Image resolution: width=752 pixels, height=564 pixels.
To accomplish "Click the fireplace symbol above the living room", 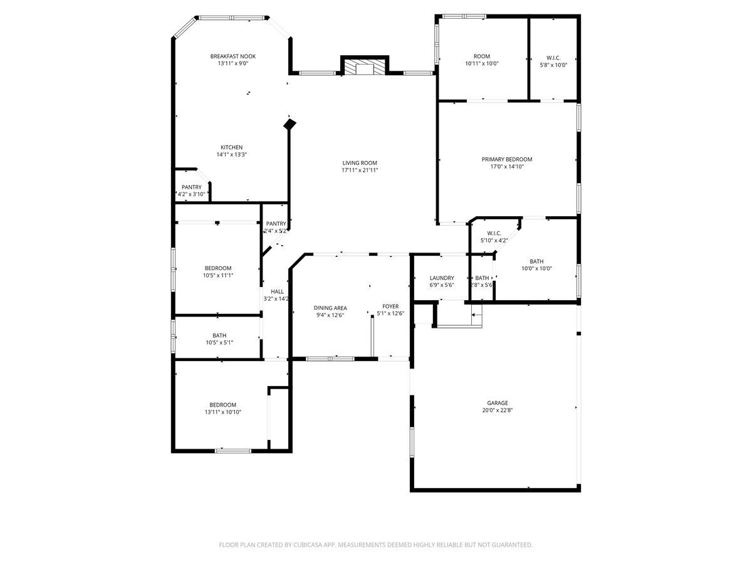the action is [365, 68].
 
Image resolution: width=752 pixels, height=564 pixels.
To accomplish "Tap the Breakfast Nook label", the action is [232, 56].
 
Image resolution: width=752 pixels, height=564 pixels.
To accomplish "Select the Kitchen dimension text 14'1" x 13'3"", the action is [231, 155].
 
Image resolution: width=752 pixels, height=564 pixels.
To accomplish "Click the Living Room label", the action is [360, 163].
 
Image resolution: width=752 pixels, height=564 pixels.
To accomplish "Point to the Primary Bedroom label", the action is [506, 159].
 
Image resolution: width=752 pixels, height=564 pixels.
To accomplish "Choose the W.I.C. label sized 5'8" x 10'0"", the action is [553, 57].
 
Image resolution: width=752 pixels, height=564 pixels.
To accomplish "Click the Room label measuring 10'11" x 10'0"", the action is [481, 56].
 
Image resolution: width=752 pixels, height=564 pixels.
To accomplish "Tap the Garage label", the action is [498, 403].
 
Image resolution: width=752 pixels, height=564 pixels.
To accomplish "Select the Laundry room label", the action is [441, 278].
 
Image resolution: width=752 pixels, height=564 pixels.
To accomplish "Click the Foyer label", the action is [390, 306].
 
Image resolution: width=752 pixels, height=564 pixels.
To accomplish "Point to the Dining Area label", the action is [330, 308].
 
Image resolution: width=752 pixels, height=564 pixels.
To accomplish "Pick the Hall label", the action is [277, 291].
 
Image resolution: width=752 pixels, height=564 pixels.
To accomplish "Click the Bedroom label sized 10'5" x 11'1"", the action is [217, 268].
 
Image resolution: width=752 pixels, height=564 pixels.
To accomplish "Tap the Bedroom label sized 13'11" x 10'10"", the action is [222, 405].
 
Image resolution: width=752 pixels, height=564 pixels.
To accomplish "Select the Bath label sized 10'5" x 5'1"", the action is [219, 335].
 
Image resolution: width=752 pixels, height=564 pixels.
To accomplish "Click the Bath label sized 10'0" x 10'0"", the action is [536, 261].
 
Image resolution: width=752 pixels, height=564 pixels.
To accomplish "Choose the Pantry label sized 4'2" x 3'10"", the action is [192, 187].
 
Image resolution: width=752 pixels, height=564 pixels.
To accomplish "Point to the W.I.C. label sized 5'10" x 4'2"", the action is [494, 233].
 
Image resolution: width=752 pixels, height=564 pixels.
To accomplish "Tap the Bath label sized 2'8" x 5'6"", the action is [482, 278].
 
